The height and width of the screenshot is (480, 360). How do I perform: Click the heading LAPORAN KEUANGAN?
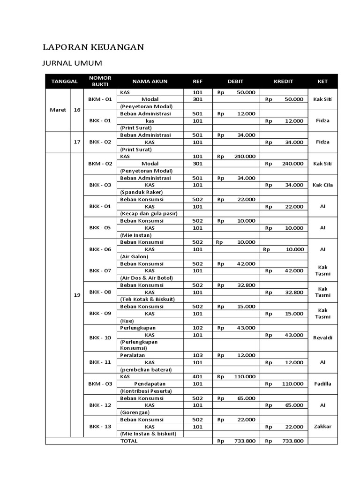[93, 47]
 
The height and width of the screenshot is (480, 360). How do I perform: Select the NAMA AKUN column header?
[150, 81]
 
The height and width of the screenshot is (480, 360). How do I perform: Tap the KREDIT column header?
[283, 81]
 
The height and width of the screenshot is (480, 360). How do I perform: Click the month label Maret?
[58, 110]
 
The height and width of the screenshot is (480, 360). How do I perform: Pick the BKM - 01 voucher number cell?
[100, 99]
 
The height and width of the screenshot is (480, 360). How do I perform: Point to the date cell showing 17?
[77, 142]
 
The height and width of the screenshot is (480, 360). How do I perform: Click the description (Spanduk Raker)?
[141, 192]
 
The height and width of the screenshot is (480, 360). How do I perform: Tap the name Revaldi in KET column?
[322, 337]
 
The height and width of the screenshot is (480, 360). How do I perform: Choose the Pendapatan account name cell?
[150, 383]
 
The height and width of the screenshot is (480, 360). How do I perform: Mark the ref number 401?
[197, 376]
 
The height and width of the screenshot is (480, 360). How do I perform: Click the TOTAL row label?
[129, 441]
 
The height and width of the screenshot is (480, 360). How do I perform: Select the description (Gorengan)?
[135, 412]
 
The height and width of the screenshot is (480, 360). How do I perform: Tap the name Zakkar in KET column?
[322, 427]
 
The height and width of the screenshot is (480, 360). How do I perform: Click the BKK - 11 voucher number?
[100, 362]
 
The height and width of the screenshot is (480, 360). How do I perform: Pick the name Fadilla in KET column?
[322, 383]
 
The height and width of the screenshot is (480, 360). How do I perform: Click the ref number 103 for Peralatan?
[197, 355]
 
